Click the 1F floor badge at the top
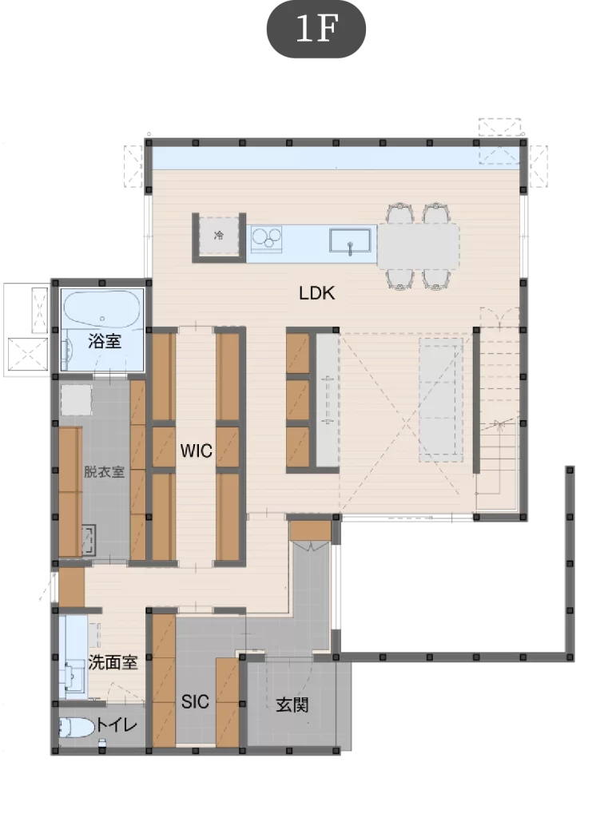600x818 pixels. tap(316, 29)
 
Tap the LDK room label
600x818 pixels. tap(316, 293)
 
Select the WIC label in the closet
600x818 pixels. tap(197, 451)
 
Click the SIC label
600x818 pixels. tap(195, 701)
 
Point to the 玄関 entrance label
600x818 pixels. tap(292, 705)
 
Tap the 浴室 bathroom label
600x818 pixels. tap(105, 341)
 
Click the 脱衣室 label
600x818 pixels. tap(105, 471)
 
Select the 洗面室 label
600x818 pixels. tap(113, 662)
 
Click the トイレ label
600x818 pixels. tap(117, 725)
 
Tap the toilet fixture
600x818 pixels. tap(76, 727)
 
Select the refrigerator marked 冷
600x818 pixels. tap(219, 236)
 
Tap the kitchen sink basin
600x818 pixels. tap(350, 241)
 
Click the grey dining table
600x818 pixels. tap(419, 245)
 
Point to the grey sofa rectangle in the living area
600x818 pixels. tap(441, 399)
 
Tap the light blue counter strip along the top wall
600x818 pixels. tap(336, 157)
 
